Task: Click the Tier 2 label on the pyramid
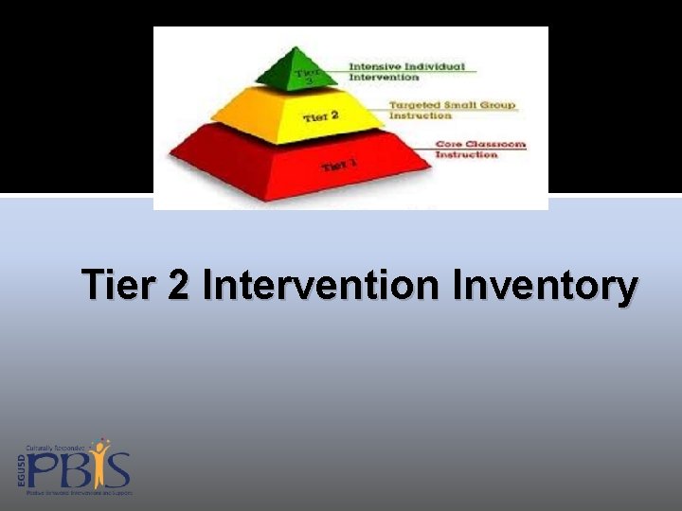point(320,117)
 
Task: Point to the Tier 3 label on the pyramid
point(304,76)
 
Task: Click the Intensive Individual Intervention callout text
point(406,72)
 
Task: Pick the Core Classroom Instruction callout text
point(478,150)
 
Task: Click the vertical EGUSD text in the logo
point(20,469)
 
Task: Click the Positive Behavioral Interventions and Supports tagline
point(80,493)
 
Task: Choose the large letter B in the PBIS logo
point(75,470)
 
